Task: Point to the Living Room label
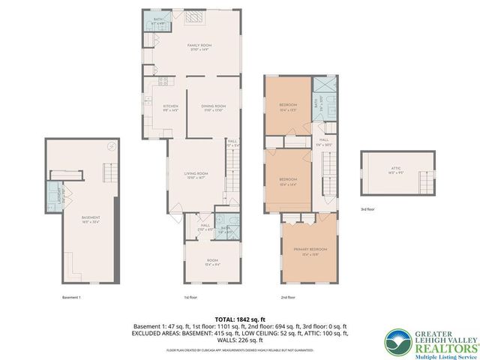click(x=196, y=175)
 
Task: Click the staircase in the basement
click(x=109, y=174)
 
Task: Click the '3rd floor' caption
click(x=367, y=210)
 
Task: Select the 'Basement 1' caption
click(x=71, y=298)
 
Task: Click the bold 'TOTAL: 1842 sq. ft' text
click(x=239, y=317)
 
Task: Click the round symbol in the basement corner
click(x=109, y=146)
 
